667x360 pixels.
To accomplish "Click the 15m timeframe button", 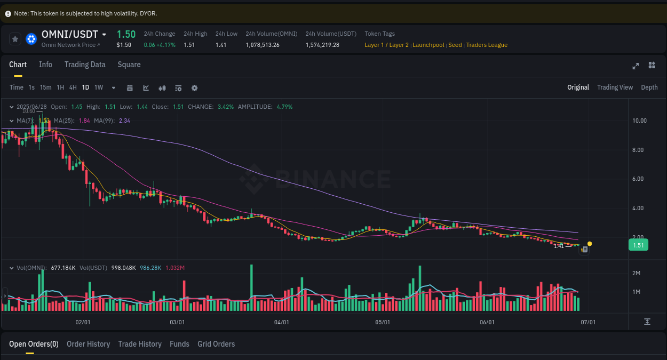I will click(x=46, y=87).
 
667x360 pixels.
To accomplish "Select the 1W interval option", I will click(x=99, y=87).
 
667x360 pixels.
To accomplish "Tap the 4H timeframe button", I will click(x=73, y=87).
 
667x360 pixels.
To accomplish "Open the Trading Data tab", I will click(x=85, y=65).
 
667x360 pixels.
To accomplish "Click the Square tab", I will click(x=129, y=65).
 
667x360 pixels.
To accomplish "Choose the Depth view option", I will click(x=649, y=87).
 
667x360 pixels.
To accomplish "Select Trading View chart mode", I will click(x=615, y=87).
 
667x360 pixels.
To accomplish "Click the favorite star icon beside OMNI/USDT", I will click(x=15, y=39).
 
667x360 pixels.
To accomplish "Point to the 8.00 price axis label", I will click(x=639, y=150).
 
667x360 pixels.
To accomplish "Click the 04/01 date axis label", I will click(x=281, y=322).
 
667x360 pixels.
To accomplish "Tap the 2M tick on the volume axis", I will click(x=636, y=273).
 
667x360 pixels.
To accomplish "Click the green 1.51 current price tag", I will click(x=638, y=245).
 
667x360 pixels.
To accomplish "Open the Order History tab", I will click(x=88, y=344).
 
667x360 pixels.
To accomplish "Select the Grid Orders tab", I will click(x=216, y=344).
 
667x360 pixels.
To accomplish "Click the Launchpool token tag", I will click(x=428, y=45).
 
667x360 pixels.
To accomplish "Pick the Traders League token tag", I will click(x=487, y=45).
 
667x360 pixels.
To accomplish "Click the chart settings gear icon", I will click(x=194, y=88).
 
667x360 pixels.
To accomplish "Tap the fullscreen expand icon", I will click(x=636, y=66).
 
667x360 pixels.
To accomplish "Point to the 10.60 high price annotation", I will click(x=29, y=111).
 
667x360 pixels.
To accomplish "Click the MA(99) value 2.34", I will click(x=124, y=121).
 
